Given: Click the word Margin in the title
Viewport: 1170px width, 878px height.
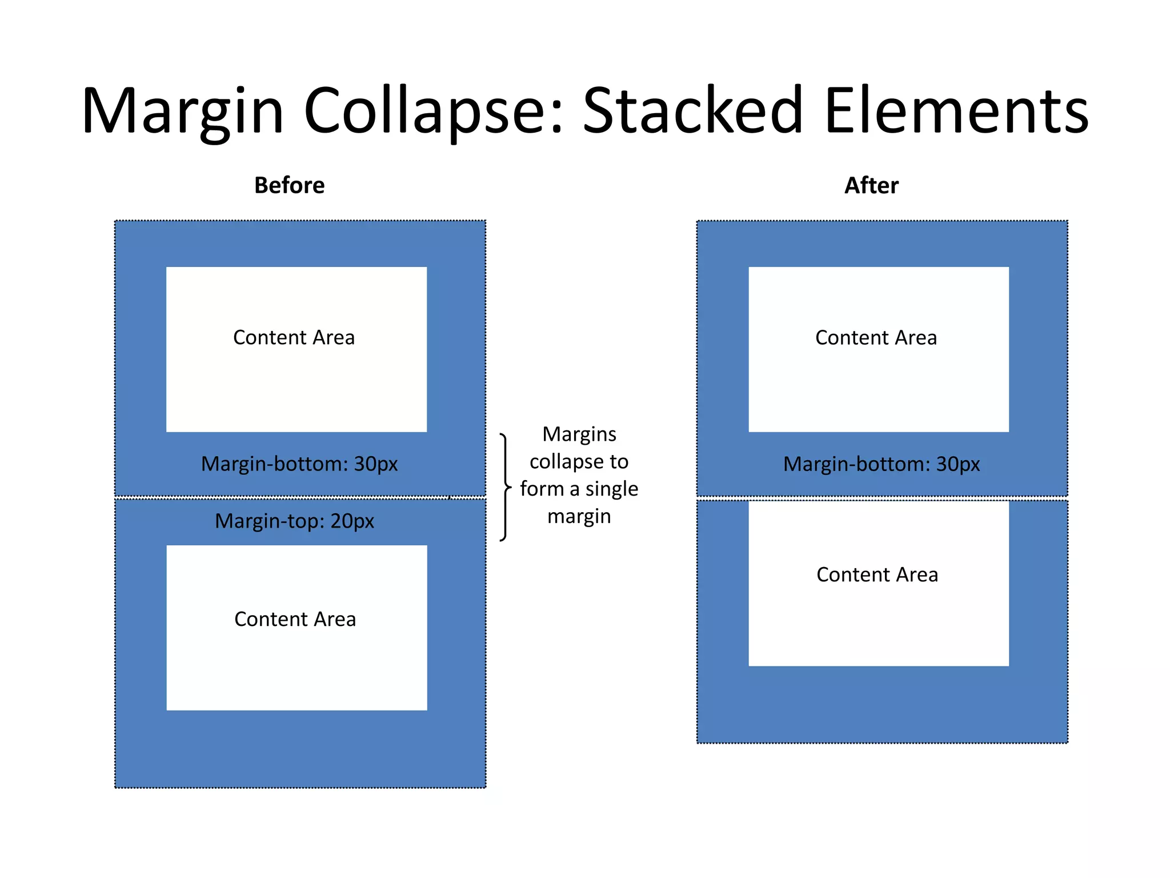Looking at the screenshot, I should coord(183,111).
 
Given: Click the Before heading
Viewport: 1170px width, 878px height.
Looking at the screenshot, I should coord(289,185).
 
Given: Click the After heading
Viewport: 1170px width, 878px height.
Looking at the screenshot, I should coord(871,185).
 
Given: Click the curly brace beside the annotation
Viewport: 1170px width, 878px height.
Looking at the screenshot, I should coord(504,487).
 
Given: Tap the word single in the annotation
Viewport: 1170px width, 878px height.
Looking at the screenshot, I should coord(611,489).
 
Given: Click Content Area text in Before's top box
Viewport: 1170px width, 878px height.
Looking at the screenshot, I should coord(294,337).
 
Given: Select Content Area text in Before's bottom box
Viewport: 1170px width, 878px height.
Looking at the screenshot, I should coord(295,619).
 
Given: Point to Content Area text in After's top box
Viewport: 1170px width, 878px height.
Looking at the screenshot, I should coord(876,337).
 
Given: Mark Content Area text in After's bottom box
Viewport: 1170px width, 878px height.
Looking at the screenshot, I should coord(877,574).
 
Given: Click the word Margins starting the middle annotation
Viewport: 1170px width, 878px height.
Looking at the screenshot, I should coord(579,434).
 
